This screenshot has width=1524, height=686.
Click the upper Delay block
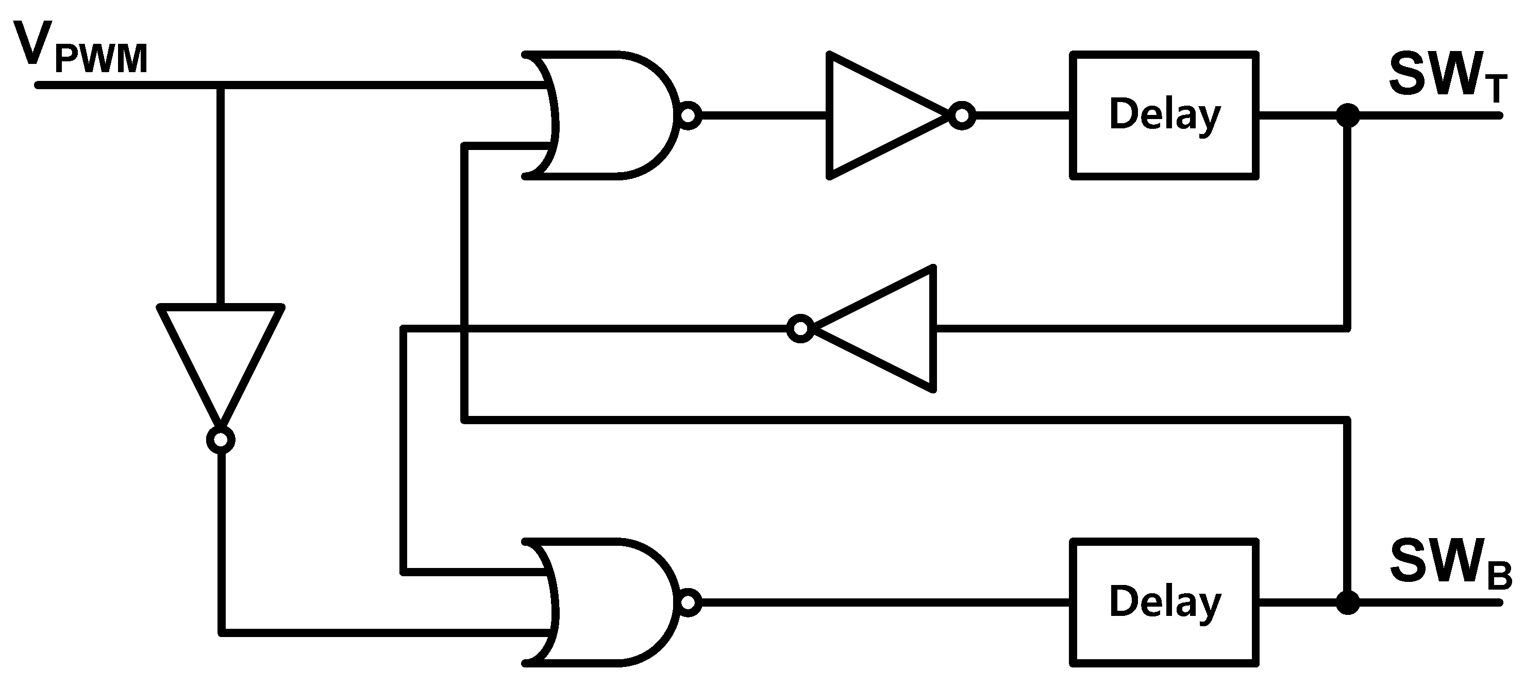(x=1164, y=115)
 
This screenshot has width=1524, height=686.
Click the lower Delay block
(x=1164, y=603)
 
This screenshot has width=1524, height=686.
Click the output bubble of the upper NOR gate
(x=689, y=115)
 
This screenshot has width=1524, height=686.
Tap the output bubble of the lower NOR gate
(x=688, y=603)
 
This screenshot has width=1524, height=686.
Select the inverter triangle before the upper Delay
(x=876, y=115)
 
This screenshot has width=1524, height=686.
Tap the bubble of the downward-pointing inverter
(x=221, y=440)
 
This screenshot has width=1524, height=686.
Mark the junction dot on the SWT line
(x=1348, y=115)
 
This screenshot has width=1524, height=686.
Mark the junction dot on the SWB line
(x=1348, y=603)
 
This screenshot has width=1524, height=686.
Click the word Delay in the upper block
(x=1164, y=115)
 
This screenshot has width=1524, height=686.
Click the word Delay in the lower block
(x=1164, y=603)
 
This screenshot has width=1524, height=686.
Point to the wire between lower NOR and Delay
(x=887, y=603)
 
